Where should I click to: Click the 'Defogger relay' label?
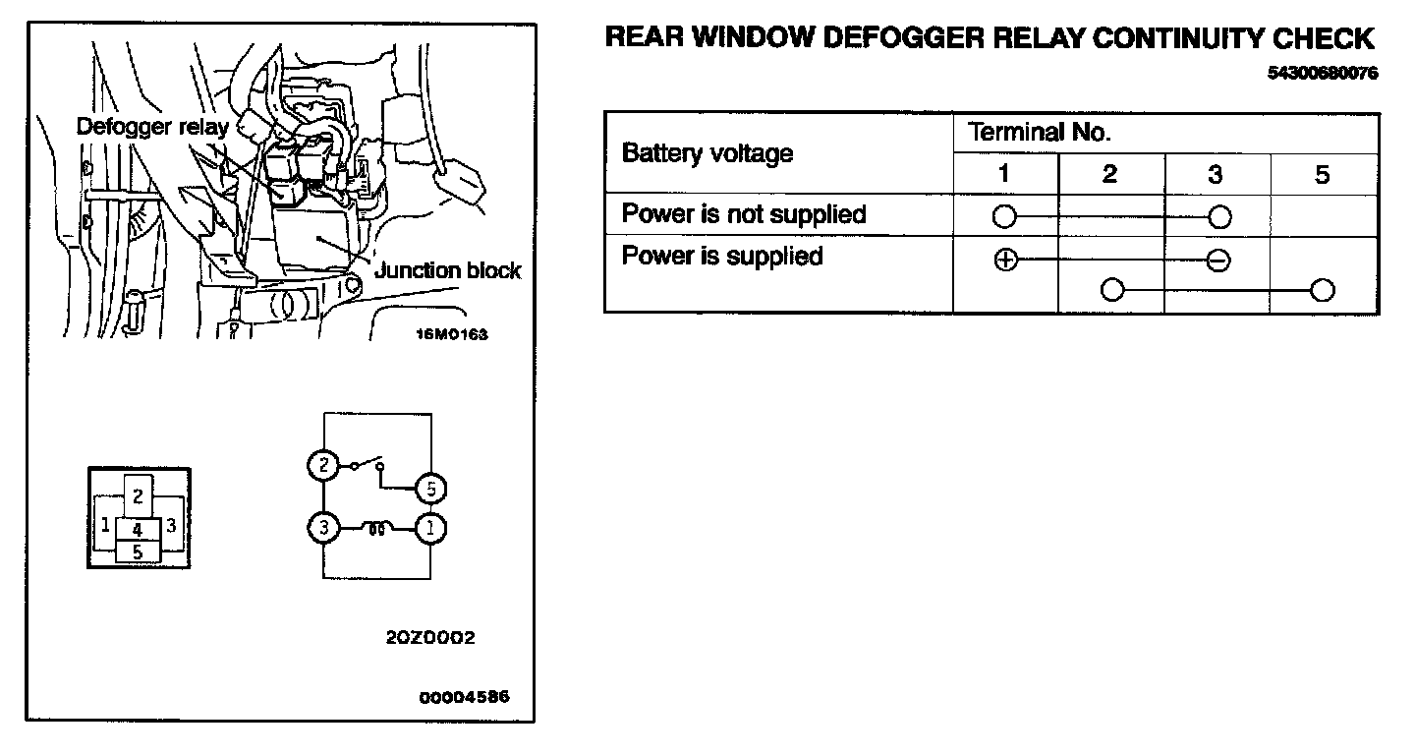click(x=152, y=126)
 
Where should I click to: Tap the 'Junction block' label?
click(x=448, y=270)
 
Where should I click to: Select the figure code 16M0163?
click(x=452, y=334)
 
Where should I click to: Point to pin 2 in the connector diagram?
click(x=139, y=496)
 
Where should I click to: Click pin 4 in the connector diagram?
click(x=138, y=529)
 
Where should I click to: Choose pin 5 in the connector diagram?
click(x=138, y=552)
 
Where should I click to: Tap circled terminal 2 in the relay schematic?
click(x=322, y=465)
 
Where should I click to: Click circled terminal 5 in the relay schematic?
click(x=429, y=488)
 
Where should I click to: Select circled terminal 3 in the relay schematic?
click(x=322, y=529)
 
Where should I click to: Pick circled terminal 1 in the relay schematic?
click(x=429, y=529)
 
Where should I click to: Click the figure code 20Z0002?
click(x=430, y=637)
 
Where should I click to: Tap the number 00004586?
click(x=464, y=698)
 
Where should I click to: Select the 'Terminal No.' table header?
click(x=1039, y=133)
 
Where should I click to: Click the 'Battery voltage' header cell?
click(x=707, y=153)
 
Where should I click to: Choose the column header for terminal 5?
click(x=1323, y=175)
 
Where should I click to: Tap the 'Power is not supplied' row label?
click(x=744, y=214)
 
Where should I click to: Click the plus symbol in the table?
click(x=1004, y=261)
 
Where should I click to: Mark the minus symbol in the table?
click(x=1217, y=261)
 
